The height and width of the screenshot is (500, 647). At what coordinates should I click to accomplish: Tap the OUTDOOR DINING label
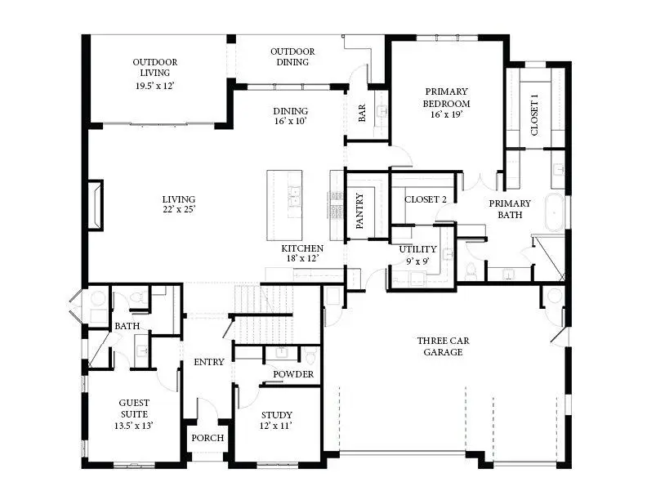click(x=292, y=56)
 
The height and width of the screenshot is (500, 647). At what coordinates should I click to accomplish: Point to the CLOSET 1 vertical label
click(x=535, y=115)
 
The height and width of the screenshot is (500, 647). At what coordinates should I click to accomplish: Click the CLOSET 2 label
click(x=426, y=199)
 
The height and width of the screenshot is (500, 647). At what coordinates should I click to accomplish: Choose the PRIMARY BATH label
click(x=510, y=209)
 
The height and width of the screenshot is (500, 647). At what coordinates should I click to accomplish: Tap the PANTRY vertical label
click(x=359, y=210)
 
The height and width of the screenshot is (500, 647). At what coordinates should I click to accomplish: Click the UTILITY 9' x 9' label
click(x=417, y=255)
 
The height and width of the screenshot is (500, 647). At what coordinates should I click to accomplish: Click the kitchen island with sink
click(x=284, y=200)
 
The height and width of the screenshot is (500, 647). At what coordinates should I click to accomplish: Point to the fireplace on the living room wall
click(x=97, y=204)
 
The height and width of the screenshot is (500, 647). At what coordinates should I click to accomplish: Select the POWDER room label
click(x=293, y=374)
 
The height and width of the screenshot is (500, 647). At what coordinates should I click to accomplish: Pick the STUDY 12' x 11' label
click(x=275, y=420)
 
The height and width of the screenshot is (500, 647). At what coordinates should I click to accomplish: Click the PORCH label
click(x=207, y=438)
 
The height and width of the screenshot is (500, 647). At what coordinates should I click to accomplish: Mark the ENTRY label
click(x=208, y=362)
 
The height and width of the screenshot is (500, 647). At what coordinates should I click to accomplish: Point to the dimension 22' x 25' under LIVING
click(x=178, y=210)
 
